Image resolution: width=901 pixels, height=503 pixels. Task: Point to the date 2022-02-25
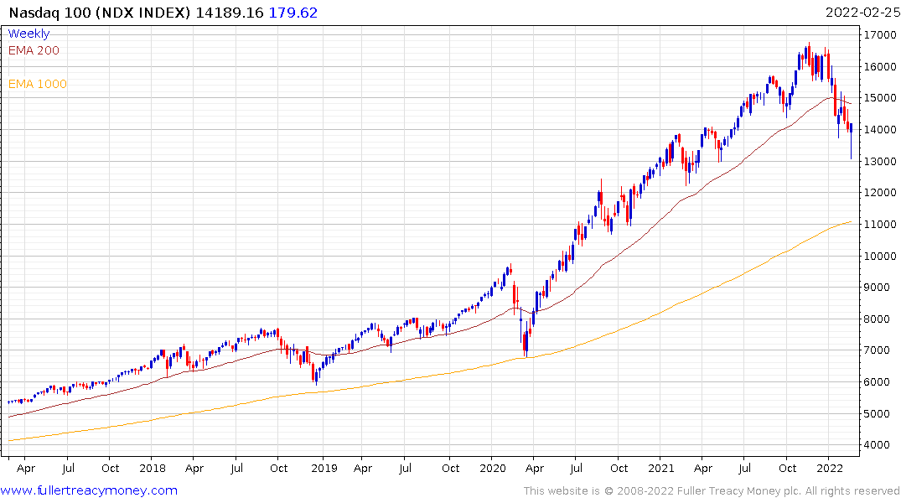point(862,13)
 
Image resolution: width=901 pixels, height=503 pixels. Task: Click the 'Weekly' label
point(28,34)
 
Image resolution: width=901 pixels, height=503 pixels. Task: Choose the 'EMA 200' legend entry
point(34,50)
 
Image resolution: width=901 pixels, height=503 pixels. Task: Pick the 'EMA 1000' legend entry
point(37,84)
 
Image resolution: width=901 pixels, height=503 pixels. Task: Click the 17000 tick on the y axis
point(879,35)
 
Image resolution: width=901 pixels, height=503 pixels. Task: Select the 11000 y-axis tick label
point(879,225)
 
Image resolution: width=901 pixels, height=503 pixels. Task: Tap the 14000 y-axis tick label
point(879,130)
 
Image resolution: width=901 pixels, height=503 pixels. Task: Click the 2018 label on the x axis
point(153,468)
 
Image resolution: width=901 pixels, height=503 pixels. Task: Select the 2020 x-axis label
point(493,468)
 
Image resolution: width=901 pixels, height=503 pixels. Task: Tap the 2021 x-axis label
point(661,468)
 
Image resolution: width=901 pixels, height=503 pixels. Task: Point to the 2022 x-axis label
point(830,468)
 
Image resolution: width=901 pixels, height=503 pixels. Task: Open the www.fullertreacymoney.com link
point(90,490)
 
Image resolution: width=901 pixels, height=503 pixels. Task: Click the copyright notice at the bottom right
point(712,490)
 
